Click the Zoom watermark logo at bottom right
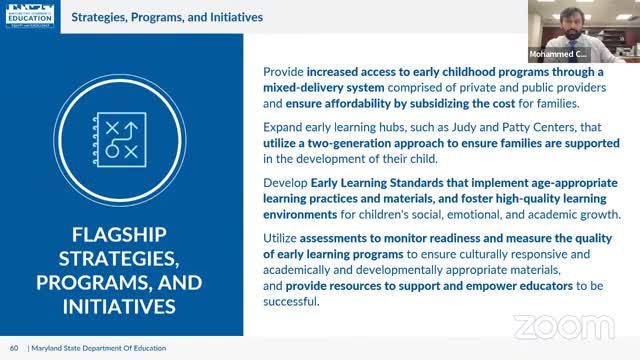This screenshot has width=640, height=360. [563, 326]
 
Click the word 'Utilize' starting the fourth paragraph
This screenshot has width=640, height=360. [284, 239]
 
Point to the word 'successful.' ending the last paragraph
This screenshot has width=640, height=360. [294, 303]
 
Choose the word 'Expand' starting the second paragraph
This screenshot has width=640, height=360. [285, 127]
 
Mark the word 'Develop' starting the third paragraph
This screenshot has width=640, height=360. [286, 183]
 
